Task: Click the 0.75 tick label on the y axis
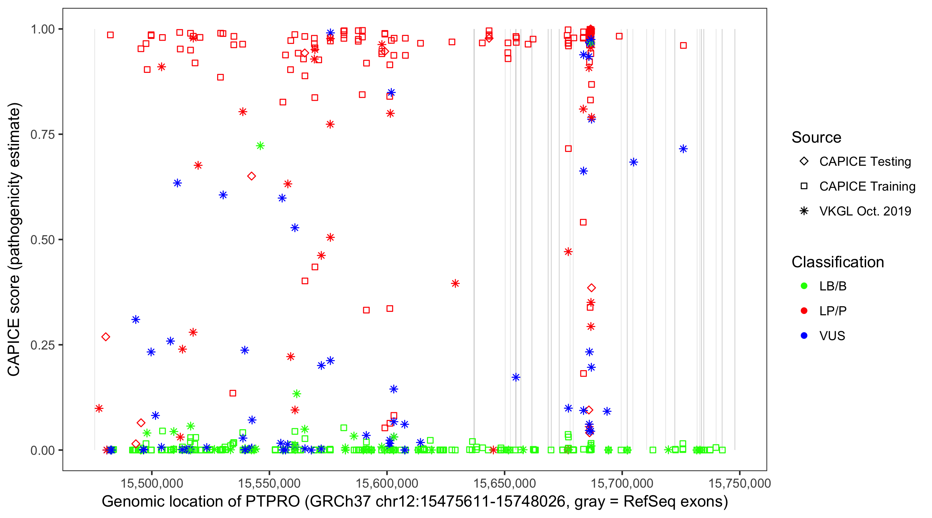click(42, 135)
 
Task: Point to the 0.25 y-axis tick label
click(42, 345)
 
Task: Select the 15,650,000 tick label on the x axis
click(504, 483)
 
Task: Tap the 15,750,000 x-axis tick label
click(739, 483)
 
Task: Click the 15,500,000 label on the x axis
click(152, 483)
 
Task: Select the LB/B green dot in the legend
click(804, 286)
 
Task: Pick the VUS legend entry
click(832, 336)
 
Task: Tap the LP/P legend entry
click(833, 311)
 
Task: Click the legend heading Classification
click(837, 262)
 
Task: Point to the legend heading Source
click(816, 137)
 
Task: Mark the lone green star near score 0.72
click(260, 146)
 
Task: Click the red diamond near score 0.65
click(251, 176)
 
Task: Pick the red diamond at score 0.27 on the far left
click(106, 337)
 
